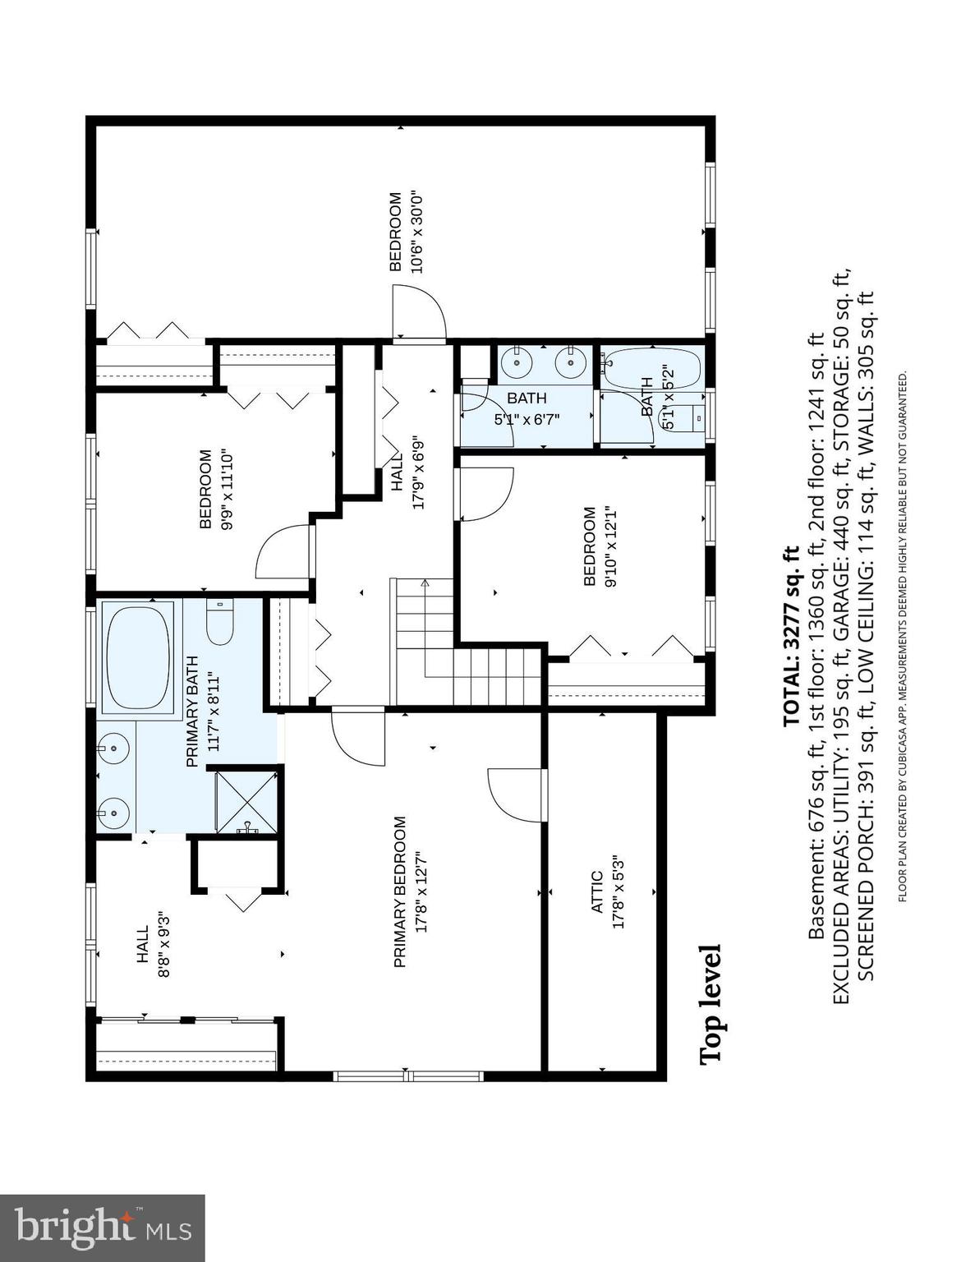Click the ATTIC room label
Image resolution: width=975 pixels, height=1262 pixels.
pyautogui.click(x=596, y=891)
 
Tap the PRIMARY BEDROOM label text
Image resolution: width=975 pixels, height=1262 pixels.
pyautogui.click(x=400, y=891)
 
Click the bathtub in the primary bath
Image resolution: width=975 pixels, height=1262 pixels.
pyautogui.click(x=138, y=656)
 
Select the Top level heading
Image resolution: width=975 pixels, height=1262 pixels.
pyautogui.click(x=711, y=1004)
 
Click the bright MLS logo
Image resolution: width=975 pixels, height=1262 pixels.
pyautogui.click(x=102, y=1227)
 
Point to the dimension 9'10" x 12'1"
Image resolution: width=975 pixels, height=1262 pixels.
pyautogui.click(x=609, y=546)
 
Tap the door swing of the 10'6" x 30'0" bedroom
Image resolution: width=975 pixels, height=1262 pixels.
pyautogui.click(x=419, y=312)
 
